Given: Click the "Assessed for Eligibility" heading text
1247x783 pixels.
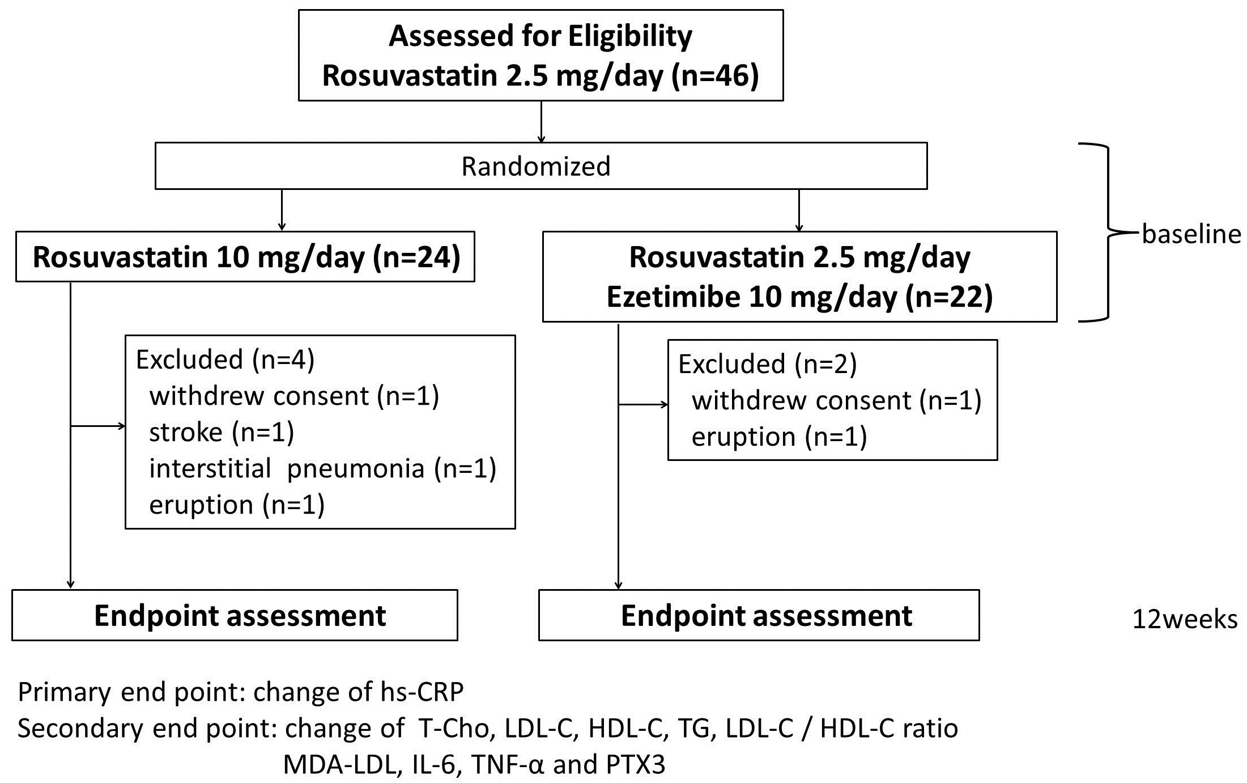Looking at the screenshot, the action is [x=540, y=37].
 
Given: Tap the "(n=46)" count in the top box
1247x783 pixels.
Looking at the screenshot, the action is [x=715, y=76].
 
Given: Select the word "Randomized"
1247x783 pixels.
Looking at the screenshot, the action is [x=536, y=166].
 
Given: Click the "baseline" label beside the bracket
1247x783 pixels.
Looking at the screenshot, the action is [x=1191, y=234].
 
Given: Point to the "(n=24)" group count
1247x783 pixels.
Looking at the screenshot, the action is [x=416, y=257].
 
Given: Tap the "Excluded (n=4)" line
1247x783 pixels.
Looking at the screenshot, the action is [x=225, y=359].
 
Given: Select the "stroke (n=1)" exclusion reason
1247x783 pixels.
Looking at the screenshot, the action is [x=222, y=433].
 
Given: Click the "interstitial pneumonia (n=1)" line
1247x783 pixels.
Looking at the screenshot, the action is [x=322, y=469].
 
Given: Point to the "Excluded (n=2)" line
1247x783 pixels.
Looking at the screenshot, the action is [x=767, y=364].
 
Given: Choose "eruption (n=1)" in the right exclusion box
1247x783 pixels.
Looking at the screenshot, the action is [x=779, y=437].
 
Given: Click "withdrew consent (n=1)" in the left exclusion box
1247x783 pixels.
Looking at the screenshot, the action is [x=294, y=396].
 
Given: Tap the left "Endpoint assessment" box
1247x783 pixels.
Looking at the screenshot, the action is [x=235, y=615].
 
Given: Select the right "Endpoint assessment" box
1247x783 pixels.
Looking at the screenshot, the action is [x=759, y=615].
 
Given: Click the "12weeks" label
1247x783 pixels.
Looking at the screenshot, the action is [x=1185, y=620].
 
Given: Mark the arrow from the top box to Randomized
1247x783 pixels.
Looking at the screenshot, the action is [x=541, y=122].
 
